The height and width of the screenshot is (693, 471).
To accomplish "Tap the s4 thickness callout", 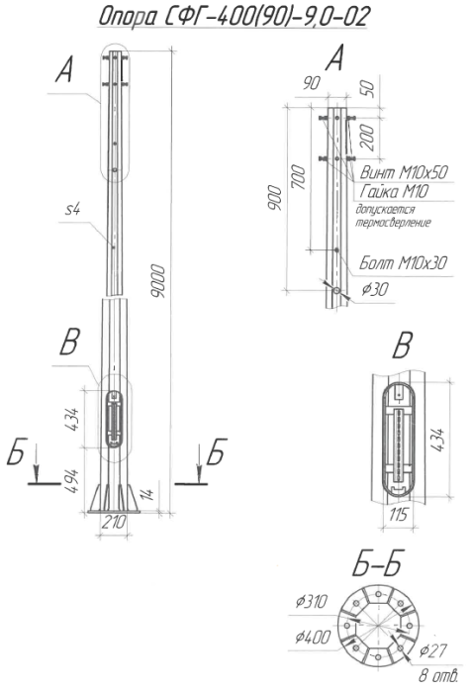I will (x=71, y=211).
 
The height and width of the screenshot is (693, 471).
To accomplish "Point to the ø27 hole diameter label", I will (x=436, y=650).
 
